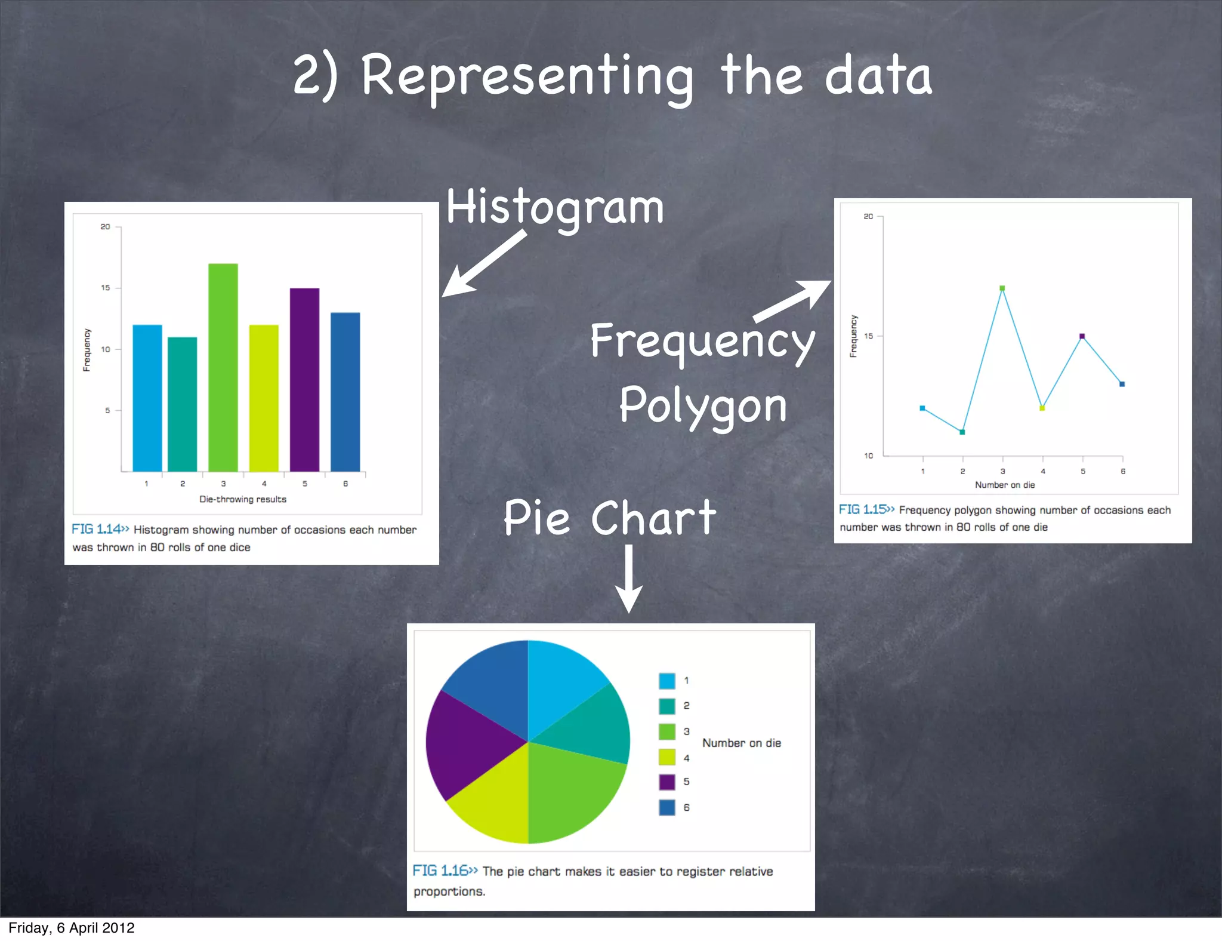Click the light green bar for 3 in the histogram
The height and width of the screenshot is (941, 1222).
point(223,367)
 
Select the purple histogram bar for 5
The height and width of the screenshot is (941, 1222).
point(304,380)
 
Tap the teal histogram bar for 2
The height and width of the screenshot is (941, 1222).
point(182,404)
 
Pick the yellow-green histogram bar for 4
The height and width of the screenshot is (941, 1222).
point(264,398)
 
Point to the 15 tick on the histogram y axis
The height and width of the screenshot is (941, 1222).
point(106,288)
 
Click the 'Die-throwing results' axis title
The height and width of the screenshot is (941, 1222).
point(243,499)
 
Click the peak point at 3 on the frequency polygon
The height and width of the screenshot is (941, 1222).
point(1002,288)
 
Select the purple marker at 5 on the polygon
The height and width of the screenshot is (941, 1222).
point(1082,336)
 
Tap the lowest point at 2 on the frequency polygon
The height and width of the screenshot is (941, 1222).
point(962,432)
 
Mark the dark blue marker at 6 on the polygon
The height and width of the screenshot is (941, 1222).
point(1122,384)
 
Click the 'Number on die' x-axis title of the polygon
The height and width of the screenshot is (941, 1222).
point(1005,485)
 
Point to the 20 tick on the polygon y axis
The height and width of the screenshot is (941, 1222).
point(868,216)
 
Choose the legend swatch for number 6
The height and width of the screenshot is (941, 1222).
point(667,807)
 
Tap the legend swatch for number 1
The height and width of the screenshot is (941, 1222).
point(667,681)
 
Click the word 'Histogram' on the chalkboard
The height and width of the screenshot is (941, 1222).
point(555,207)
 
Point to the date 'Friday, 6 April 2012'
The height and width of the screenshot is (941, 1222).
point(72,928)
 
